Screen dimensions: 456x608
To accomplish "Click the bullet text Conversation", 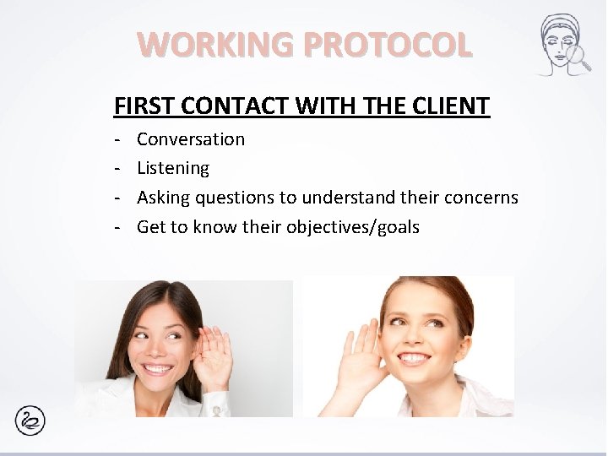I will pos(191,139).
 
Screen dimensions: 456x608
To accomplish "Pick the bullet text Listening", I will pos(173,168).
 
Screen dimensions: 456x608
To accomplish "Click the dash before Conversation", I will pos(119,139).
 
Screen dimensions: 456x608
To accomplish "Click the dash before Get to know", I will pos(119,227).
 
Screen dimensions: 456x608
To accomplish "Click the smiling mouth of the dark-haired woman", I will pos(158,369).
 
